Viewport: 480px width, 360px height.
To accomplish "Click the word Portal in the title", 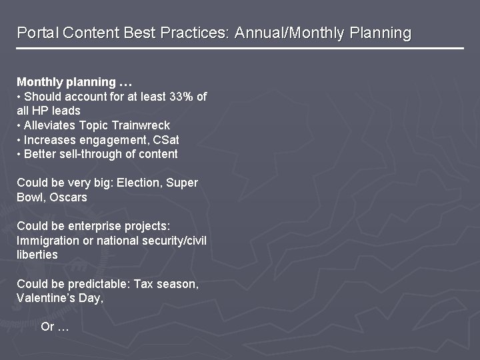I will pos(35,33).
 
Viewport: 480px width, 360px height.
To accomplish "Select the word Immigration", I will pos(46,240).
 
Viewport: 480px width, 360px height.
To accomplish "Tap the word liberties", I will pos(37,255).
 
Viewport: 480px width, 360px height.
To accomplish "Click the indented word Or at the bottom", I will pos(47,327).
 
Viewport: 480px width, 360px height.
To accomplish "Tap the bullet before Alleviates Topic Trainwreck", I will pos(19,125).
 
